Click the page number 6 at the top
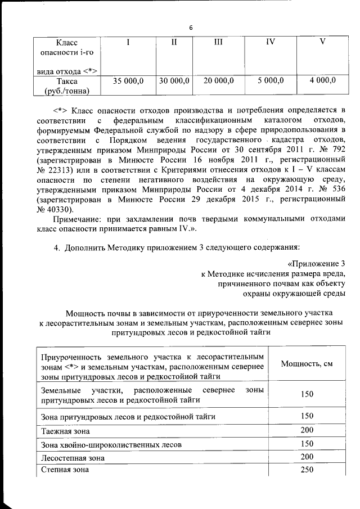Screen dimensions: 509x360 point(191,28)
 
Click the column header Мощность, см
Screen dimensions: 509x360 point(307,364)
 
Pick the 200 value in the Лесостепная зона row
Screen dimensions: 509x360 point(307,457)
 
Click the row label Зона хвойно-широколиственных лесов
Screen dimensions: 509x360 point(111,444)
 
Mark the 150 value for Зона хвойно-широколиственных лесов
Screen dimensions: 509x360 point(307,444)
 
